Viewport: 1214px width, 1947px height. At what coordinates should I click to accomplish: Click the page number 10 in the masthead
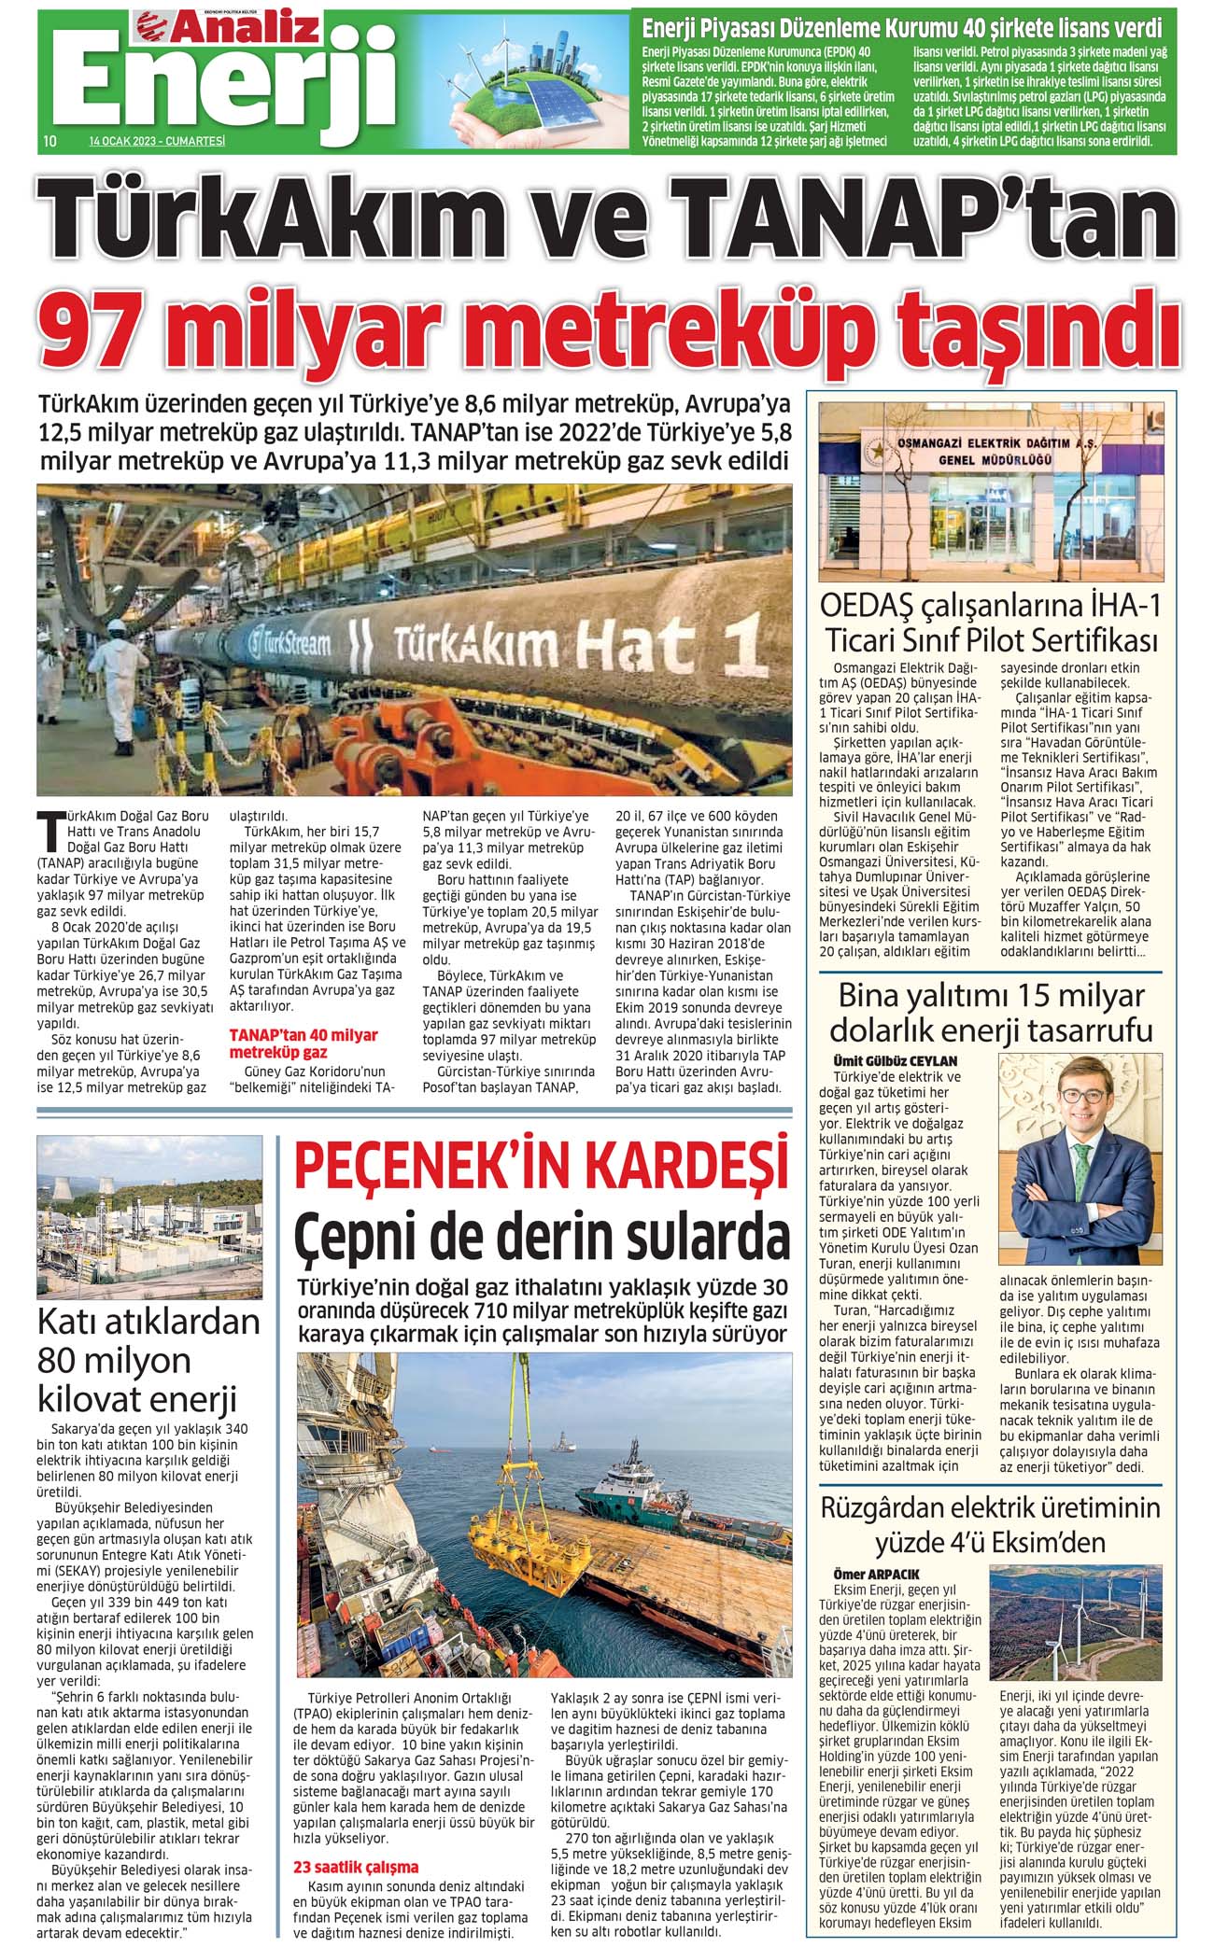50,142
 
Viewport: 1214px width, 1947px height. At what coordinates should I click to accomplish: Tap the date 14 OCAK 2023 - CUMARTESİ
158,142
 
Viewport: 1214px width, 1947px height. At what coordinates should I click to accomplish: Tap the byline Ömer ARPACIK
876,1575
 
